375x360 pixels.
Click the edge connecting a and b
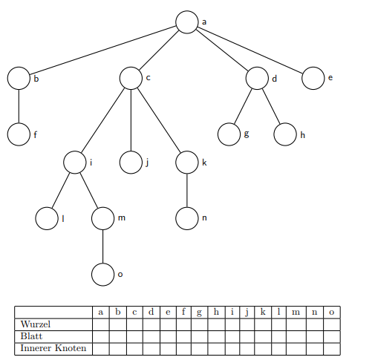(x=102, y=50)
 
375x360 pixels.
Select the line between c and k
(x=159, y=120)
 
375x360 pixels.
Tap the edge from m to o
(x=102, y=246)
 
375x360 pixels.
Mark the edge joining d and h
(x=271, y=106)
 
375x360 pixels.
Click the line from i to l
(x=61, y=191)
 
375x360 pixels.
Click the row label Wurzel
(x=36, y=324)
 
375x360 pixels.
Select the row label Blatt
(x=31, y=336)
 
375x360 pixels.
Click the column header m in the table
(x=296, y=312)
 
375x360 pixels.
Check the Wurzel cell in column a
(x=101, y=324)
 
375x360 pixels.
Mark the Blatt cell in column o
(x=332, y=336)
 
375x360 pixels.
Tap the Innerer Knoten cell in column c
(x=134, y=349)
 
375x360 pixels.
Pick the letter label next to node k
(x=204, y=163)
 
